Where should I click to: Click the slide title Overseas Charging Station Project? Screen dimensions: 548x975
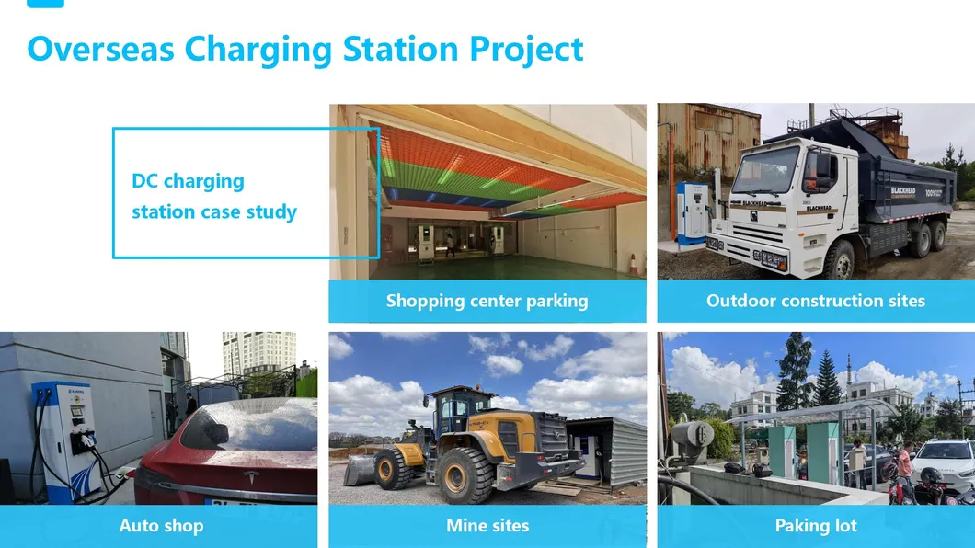pyautogui.click(x=305, y=49)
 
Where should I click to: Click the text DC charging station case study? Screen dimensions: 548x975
pyautogui.click(x=214, y=196)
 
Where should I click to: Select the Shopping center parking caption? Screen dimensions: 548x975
pyautogui.click(x=487, y=301)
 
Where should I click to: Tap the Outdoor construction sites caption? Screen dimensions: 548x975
pyautogui.click(x=815, y=301)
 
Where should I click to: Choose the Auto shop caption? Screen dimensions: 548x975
pyautogui.click(x=161, y=526)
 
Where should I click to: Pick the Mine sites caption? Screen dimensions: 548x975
pyautogui.click(x=487, y=526)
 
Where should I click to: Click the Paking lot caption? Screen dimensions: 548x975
pyautogui.click(x=815, y=526)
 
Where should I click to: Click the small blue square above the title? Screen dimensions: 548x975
pyautogui.click(x=45, y=3)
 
